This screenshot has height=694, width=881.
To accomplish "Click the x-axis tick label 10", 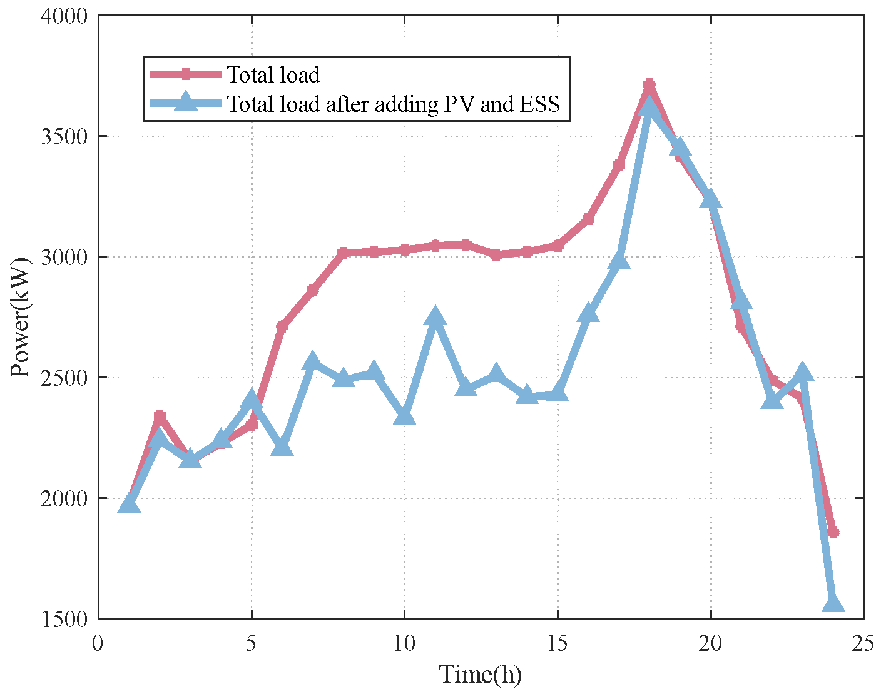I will coord(404,643).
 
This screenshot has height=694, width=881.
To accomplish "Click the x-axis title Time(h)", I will coord(481,675).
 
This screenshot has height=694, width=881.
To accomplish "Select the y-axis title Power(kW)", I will coord(21,318).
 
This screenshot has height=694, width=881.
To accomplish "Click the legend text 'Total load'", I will coord(273,75).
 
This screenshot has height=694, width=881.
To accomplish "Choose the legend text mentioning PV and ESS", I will coord(393,104).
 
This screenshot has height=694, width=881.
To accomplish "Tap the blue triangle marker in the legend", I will coord(186,102).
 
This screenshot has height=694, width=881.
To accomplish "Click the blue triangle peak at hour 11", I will coord(435,317).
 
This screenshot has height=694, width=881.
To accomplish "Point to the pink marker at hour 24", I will coord(833,533).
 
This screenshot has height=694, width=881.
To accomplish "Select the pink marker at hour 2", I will coord(160,416).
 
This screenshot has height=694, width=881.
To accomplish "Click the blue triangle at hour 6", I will coord(282,446).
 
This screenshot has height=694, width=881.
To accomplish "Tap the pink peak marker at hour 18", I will coord(649,84).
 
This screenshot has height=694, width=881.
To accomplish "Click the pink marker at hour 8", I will coord(343,253).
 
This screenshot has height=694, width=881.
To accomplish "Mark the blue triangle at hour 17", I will coord(618,259).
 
